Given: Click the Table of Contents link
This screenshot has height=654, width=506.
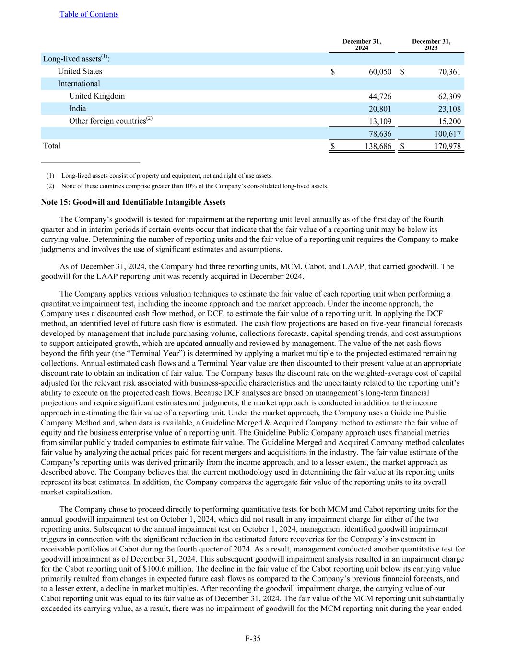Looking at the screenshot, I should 89,14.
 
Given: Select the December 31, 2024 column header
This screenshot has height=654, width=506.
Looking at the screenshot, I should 362,45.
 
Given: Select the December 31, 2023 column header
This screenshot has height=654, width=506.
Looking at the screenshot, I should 431,45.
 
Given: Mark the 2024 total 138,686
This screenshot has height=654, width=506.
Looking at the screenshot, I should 378,146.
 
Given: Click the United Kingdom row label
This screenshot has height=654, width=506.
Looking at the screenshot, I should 97,96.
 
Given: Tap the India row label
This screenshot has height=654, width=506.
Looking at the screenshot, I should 78,109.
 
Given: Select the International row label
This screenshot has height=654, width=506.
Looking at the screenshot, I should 79,84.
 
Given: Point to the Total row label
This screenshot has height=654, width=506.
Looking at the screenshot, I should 52,146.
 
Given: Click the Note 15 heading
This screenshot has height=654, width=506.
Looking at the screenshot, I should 133,202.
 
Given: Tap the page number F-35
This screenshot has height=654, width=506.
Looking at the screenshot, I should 253,638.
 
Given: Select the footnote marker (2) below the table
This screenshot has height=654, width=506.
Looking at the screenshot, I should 50,186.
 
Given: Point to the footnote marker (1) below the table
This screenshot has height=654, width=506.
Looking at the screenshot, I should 50,176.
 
